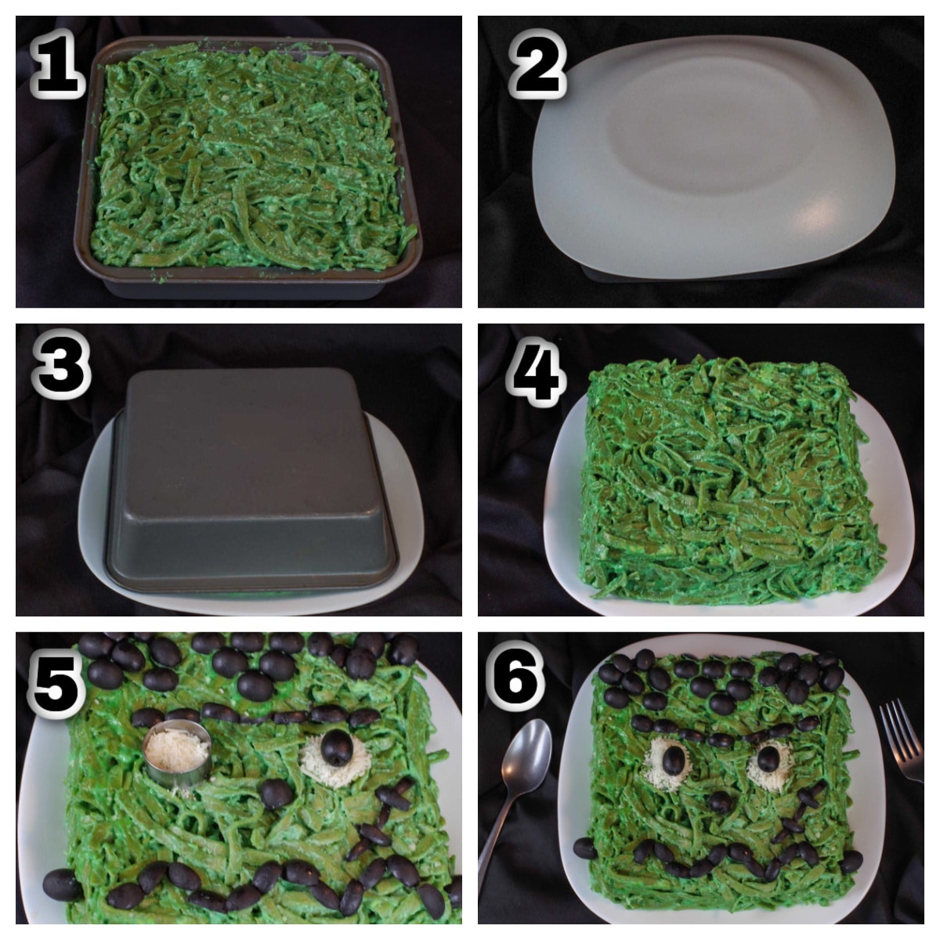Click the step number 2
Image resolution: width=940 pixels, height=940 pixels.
coord(537,68)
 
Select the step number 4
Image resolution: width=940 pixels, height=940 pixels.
coord(536,374)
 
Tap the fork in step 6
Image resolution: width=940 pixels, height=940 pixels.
coord(901,740)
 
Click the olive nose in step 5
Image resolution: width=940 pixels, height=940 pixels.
coord(277,794)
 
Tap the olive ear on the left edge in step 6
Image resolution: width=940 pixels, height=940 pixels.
coord(584,848)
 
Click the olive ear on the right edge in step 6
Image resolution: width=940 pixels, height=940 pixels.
coord(851,861)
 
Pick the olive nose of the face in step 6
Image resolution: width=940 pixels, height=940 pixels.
coord(721,801)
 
